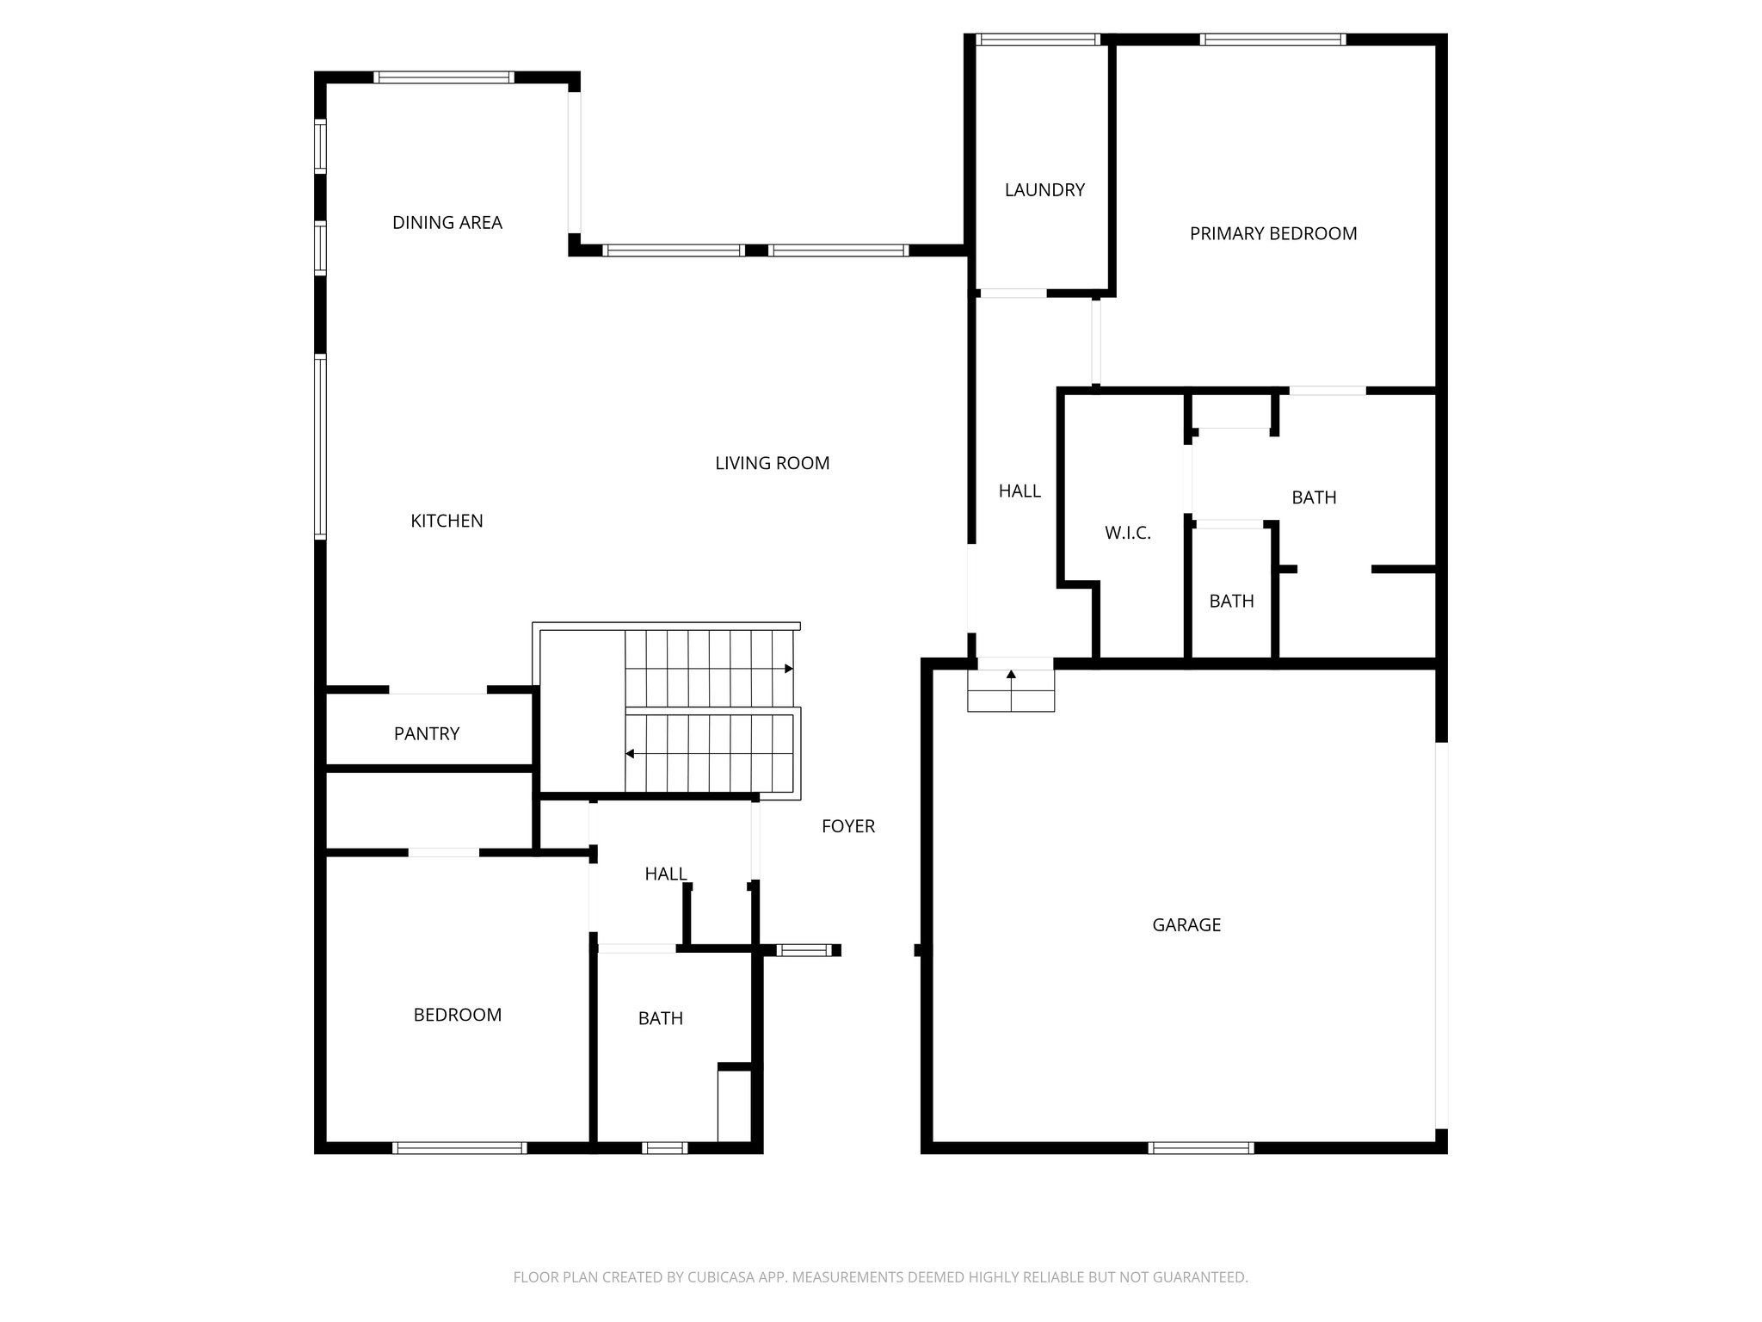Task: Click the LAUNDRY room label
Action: [1044, 190]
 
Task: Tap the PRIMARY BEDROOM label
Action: [1272, 234]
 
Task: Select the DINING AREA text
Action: [447, 223]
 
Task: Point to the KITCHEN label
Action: [447, 521]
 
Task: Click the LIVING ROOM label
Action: [772, 464]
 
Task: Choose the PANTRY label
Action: [426, 734]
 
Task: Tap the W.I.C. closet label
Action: [1127, 534]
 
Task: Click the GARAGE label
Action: [1186, 925]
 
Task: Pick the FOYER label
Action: [847, 827]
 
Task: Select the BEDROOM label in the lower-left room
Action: [457, 1016]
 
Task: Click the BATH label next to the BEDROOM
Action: [660, 1019]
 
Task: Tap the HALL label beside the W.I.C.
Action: [1020, 491]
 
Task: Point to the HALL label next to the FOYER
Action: [665, 874]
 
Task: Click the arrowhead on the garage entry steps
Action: [1011, 675]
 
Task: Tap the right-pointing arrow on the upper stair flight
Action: [788, 669]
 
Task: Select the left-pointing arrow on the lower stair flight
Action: [631, 754]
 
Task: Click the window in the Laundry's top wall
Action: [1038, 40]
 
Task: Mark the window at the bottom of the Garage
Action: [1200, 1147]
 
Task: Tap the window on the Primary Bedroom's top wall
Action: [1272, 40]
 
